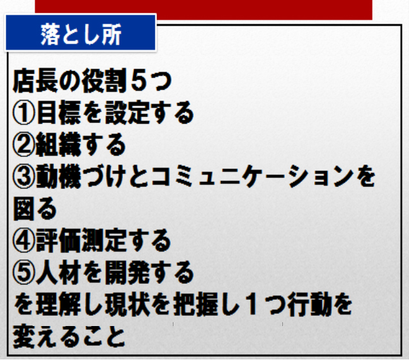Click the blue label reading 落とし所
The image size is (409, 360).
click(81, 33)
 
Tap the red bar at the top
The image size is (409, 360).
click(204, 10)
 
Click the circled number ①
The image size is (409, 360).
click(24, 113)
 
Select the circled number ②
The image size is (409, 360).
click(24, 145)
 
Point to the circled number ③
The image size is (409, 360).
click(24, 177)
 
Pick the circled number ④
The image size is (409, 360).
click(24, 241)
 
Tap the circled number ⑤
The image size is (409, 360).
click(24, 273)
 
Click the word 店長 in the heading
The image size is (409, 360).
click(35, 81)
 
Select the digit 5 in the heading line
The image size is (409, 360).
click(138, 81)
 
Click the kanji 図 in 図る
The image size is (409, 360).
click(24, 209)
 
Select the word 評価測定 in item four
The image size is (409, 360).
click(81, 241)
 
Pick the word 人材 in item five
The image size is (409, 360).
click(58, 273)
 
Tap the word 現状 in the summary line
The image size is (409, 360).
click(127, 305)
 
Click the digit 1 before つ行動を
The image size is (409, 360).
click(252, 305)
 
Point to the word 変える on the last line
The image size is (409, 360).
click(47, 337)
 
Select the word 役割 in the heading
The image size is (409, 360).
click(104, 81)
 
